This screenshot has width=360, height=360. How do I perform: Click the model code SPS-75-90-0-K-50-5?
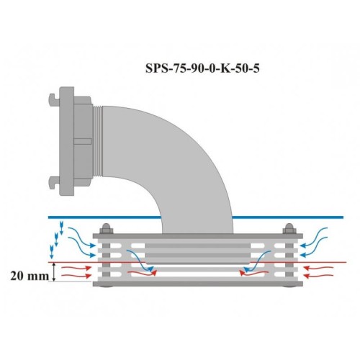pyautogui.click(x=202, y=68)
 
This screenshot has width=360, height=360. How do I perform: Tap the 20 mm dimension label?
pyautogui.click(x=30, y=276)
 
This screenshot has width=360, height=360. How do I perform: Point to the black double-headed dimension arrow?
pyautogui.click(x=54, y=271)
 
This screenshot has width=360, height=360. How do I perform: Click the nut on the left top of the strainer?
pyautogui.click(x=107, y=229)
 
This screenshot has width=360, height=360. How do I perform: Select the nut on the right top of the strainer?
pyautogui.click(x=289, y=229)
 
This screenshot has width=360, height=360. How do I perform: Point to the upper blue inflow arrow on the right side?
pyautogui.click(x=314, y=237)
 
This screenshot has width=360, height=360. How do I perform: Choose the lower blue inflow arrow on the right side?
pyautogui.click(x=314, y=246)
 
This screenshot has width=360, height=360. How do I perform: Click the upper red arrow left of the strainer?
pyautogui.click(x=76, y=267)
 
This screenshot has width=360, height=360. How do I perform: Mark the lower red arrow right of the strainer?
pyautogui.click(x=319, y=276)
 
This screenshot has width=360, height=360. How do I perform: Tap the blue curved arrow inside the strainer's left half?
pyautogui.click(x=139, y=261)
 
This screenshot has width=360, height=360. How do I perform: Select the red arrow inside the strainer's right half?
pyautogui.click(x=252, y=273)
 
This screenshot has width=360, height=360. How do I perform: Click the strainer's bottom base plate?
pyautogui.click(x=198, y=284)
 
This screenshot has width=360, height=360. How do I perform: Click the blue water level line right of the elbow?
pyautogui.click(x=288, y=217)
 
